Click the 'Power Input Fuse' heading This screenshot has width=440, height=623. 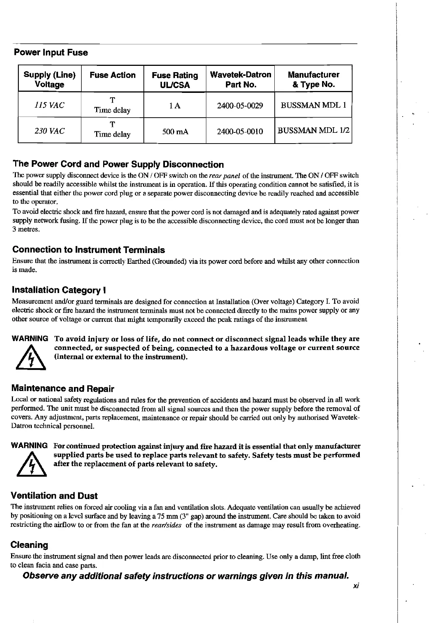tap(51, 53)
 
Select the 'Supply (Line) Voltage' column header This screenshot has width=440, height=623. tap(50, 80)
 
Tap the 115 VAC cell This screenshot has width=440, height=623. tap(50, 105)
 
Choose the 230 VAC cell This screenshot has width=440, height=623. tap(50, 131)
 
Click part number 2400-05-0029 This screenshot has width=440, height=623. tap(240, 106)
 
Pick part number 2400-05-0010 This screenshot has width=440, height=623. tap(240, 131)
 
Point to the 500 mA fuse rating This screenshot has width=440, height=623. tap(175, 131)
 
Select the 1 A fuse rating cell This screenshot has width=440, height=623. tap(175, 106)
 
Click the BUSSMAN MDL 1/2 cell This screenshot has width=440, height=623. tap(313, 131)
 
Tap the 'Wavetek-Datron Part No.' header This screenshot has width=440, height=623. tap(240, 80)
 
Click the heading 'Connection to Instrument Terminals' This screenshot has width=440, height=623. tap(88, 250)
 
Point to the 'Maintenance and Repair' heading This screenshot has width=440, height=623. tap(63, 389)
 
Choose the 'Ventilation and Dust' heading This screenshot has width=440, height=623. tap(54, 496)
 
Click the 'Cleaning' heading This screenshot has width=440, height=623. tap(30, 545)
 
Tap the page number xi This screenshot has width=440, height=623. tap(356, 586)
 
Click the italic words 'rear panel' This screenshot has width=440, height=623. tap(225, 175)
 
